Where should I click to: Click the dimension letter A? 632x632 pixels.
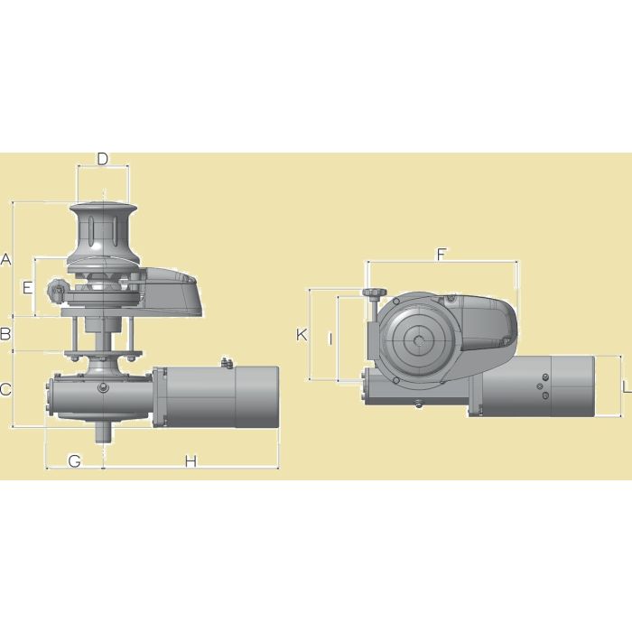coord(6,259)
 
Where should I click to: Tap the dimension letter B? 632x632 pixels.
coord(6,333)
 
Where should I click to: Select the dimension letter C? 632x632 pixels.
coord(6,390)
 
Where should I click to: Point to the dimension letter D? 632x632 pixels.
coord(103,160)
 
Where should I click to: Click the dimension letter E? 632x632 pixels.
coord(28,288)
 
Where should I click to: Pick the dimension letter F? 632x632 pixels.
coord(441,254)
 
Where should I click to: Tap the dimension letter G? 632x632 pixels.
coord(75,461)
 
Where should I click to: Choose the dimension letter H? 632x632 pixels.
coord(191,461)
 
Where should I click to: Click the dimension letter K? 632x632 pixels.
coord(302,335)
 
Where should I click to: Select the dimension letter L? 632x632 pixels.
coord(627,386)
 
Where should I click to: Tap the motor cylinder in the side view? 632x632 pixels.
coord(217,397)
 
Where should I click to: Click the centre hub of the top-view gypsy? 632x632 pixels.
coord(421,341)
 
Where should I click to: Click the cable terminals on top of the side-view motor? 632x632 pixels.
coord(225,363)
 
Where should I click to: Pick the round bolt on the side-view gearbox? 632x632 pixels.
coord(103,388)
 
